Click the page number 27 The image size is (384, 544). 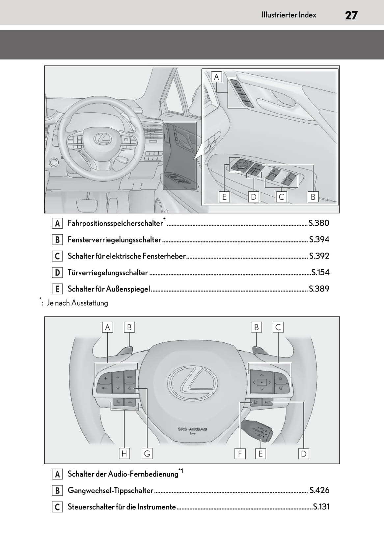tap(351, 15)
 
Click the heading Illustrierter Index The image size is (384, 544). tap(288, 15)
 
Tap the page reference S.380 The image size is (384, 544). tap(319, 223)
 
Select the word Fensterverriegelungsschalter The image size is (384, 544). tap(114, 240)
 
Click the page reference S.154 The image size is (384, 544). tap(320, 272)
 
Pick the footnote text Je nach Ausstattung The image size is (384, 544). tap(77, 303)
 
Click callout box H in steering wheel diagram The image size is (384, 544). tap(124, 454)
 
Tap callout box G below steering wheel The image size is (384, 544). tap(147, 454)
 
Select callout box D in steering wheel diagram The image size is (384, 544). tap(303, 454)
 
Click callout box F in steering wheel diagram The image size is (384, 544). tap(240, 454)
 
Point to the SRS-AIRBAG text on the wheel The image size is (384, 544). tap(192, 429)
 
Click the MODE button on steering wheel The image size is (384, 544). tap(130, 377)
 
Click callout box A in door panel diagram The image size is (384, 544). tap(216, 77)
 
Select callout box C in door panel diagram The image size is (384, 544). tap(281, 197)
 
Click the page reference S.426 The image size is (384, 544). tap(319, 490)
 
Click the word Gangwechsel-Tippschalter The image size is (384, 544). tap(110, 490)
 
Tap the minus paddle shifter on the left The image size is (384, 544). tap(126, 350)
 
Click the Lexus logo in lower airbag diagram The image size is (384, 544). tap(192, 383)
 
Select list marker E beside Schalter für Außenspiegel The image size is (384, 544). tap(57, 289)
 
